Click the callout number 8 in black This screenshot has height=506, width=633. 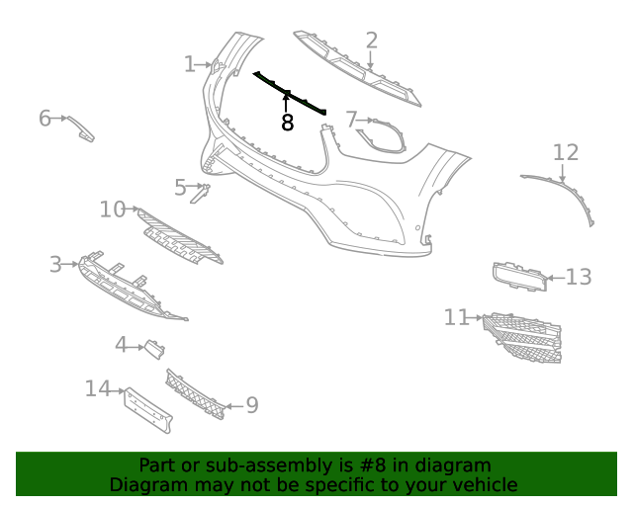pyautogui.click(x=287, y=124)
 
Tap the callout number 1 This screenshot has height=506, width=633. pyautogui.click(x=190, y=64)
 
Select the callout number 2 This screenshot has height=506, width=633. pyautogui.click(x=371, y=41)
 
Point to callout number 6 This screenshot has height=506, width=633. pyautogui.click(x=45, y=119)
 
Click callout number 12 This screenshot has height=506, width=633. pyautogui.click(x=565, y=152)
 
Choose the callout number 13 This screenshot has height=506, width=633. pyautogui.click(x=579, y=277)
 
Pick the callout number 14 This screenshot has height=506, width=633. pyautogui.click(x=97, y=388)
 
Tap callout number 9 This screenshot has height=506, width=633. pyautogui.click(x=251, y=405)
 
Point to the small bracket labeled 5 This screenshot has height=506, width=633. pyautogui.click(x=199, y=195)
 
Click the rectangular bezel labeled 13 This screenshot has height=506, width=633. pyautogui.click(x=519, y=277)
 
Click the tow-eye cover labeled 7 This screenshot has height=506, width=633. pyautogui.click(x=382, y=137)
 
